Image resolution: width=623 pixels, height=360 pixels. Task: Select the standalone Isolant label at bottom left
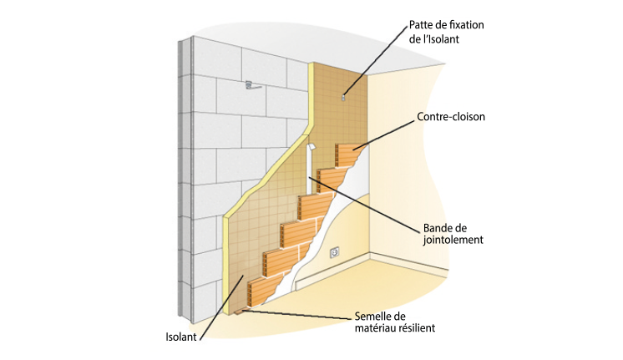(182, 338)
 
